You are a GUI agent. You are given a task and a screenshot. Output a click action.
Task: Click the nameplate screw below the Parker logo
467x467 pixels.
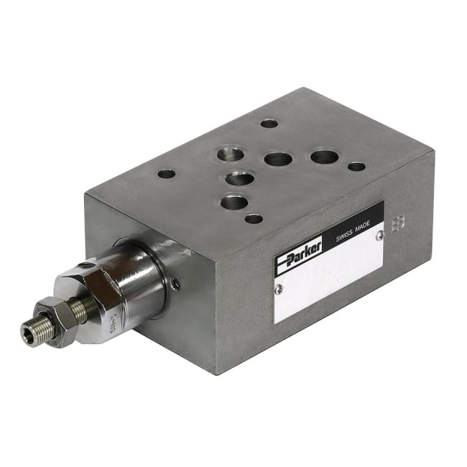tap(279, 289)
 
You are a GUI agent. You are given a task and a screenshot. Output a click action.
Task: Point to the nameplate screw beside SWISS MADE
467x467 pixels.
tap(380, 233)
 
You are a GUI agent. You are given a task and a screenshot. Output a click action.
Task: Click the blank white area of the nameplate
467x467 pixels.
tap(330, 280)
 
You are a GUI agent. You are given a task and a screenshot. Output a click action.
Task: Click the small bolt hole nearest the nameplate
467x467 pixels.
tap(253, 218)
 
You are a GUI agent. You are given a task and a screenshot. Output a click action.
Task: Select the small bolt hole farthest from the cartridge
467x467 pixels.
tap(356, 167)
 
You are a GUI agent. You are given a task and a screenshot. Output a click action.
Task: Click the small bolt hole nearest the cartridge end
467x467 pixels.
tap(166, 174)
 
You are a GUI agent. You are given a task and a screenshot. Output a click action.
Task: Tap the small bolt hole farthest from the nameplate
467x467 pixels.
tap(269, 124)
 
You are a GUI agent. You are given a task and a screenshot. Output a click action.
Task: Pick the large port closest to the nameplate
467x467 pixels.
tap(233, 203)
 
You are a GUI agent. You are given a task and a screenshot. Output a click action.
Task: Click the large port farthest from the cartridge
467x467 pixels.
tap(324, 157)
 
